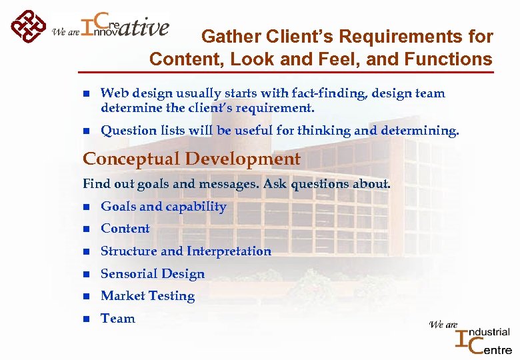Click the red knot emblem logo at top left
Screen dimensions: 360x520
click(x=29, y=27)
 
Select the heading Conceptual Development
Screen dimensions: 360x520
click(x=191, y=159)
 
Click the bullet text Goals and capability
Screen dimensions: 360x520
click(x=163, y=207)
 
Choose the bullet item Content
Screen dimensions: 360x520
click(x=125, y=229)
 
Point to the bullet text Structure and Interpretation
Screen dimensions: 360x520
click(x=186, y=251)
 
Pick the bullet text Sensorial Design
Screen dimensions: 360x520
click(x=153, y=274)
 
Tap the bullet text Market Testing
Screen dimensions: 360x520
click(x=148, y=296)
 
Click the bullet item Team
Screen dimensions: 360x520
click(x=118, y=319)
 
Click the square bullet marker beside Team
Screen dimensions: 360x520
click(x=86, y=319)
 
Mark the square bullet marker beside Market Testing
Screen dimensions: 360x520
click(x=86, y=297)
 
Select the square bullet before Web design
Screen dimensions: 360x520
click(x=86, y=94)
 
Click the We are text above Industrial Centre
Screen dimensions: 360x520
click(x=443, y=325)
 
